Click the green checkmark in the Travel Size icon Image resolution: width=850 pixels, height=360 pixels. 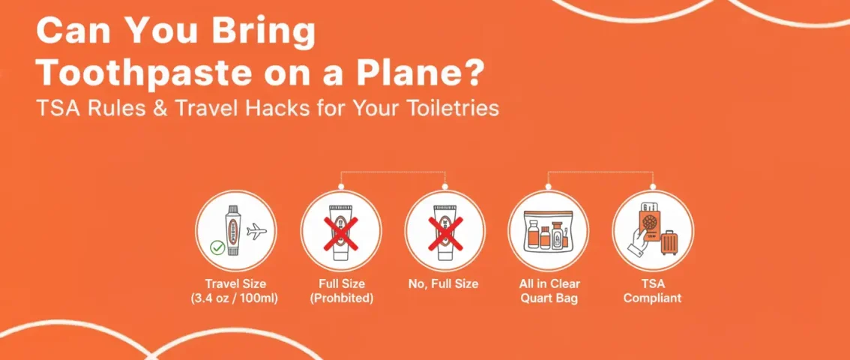pyautogui.click(x=217, y=247)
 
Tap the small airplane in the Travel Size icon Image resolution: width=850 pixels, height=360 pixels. pyautogui.click(x=256, y=232)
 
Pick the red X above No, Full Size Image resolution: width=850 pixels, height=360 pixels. pyautogui.click(x=445, y=229)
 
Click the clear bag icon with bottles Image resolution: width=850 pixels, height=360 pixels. pyautogui.click(x=549, y=229)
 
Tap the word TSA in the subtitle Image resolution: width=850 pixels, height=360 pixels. pyautogui.click(x=57, y=108)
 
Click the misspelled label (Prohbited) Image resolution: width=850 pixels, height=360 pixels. pyautogui.click(x=341, y=298)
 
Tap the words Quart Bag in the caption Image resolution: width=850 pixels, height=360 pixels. pyautogui.click(x=549, y=298)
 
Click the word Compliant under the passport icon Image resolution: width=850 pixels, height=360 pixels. pyautogui.click(x=653, y=298)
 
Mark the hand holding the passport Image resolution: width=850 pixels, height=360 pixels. pyautogui.click(x=639, y=244)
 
